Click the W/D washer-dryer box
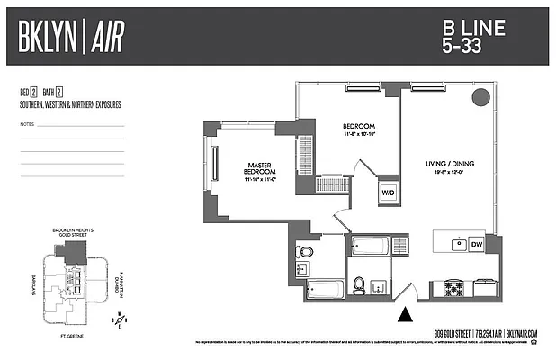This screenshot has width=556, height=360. (389, 193)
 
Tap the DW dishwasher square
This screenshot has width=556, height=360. (477, 244)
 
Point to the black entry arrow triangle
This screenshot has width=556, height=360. (406, 314)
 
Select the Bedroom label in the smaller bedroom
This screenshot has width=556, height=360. (358, 127)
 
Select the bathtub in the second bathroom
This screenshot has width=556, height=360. (368, 245)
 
